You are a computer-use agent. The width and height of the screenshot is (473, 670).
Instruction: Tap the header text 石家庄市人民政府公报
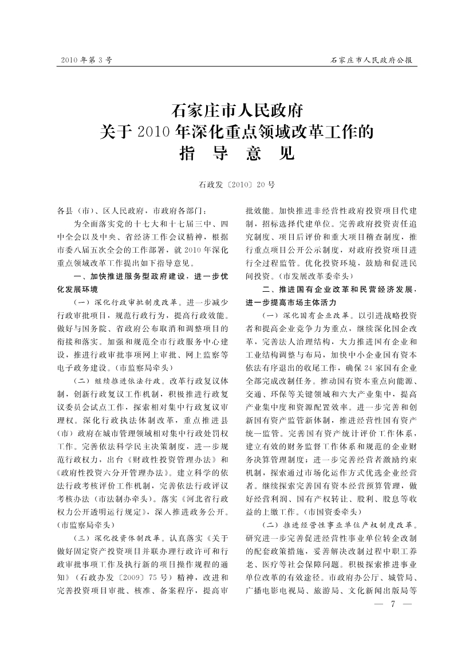[373, 60]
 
